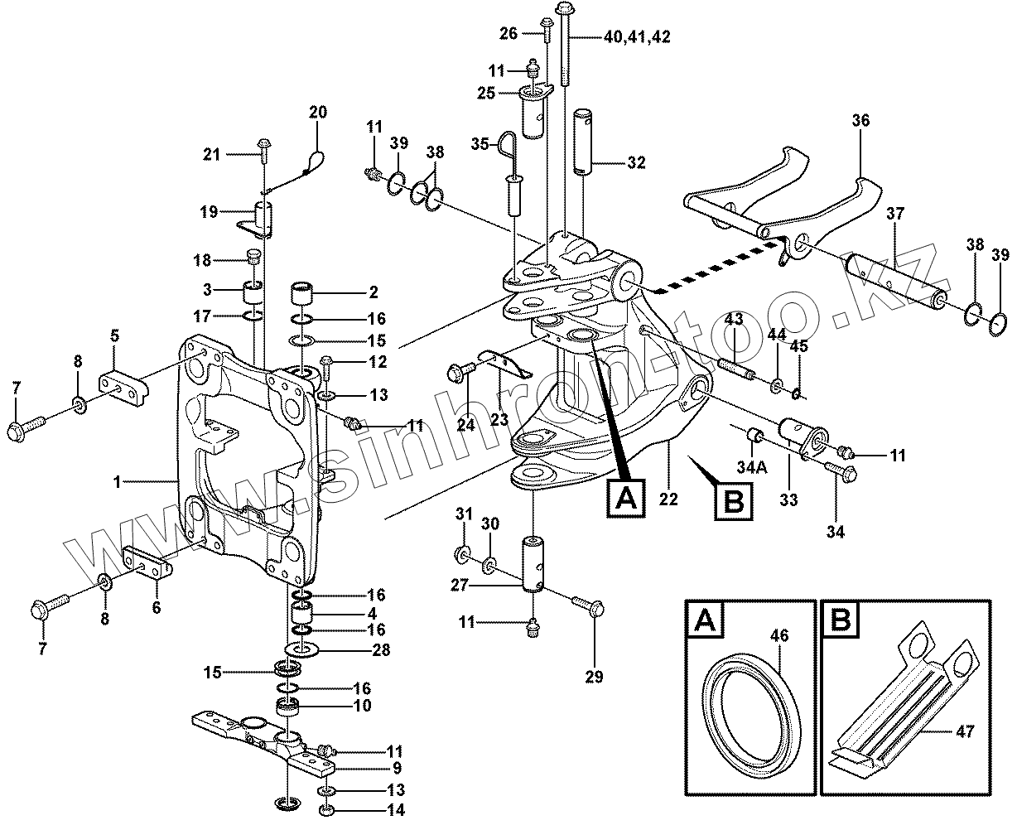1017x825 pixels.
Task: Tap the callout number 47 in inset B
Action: tap(965, 731)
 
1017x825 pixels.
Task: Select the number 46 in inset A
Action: tap(778, 636)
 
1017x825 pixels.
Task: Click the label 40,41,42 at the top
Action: tap(637, 36)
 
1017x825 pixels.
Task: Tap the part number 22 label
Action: tap(668, 499)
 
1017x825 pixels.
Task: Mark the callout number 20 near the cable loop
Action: tap(318, 112)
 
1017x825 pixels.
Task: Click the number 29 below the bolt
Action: tap(594, 677)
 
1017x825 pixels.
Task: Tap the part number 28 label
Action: tap(380, 650)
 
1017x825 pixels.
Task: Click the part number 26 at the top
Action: tap(508, 34)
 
